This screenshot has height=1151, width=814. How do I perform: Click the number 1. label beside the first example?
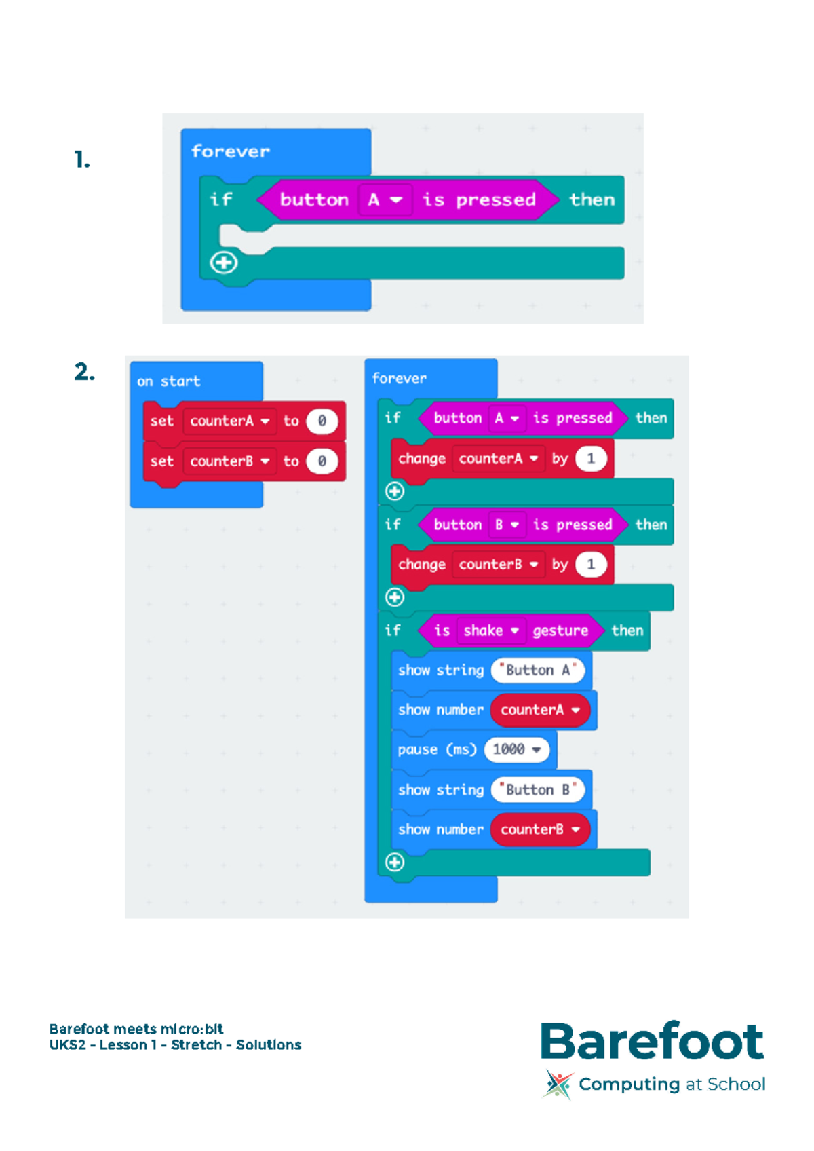82,160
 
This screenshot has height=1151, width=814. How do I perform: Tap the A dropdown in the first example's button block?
385,200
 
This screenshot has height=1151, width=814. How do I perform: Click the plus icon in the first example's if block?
224,263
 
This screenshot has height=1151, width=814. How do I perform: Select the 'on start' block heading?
169,381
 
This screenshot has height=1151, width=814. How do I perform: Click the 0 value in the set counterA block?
322,421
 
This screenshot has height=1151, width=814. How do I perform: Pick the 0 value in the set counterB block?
322,461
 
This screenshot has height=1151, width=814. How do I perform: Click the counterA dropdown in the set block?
229,421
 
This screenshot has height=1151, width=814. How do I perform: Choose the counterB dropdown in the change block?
499,565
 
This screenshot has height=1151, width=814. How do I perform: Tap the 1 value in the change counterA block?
591,459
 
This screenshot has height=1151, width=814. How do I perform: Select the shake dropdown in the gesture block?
490,630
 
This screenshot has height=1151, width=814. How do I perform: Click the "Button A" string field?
537,671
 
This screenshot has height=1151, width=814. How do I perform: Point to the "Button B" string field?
537,790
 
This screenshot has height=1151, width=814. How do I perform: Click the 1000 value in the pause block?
516,749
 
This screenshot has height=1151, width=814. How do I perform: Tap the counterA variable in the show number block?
540,710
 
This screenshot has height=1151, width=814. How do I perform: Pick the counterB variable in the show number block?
540,829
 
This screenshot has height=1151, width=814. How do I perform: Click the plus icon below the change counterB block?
395,597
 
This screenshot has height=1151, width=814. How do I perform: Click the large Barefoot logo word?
652,1041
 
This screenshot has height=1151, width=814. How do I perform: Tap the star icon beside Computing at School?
558,1084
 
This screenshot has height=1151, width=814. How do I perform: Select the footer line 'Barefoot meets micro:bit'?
136,1029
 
